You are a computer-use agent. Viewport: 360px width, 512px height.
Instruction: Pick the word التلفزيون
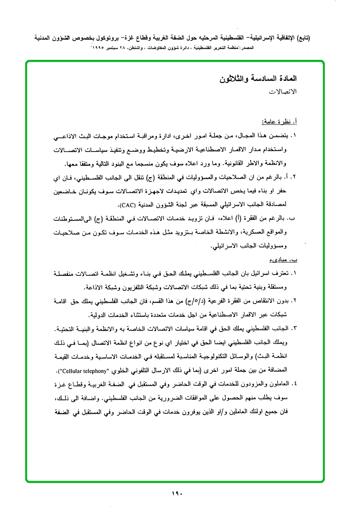pos(134,287)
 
